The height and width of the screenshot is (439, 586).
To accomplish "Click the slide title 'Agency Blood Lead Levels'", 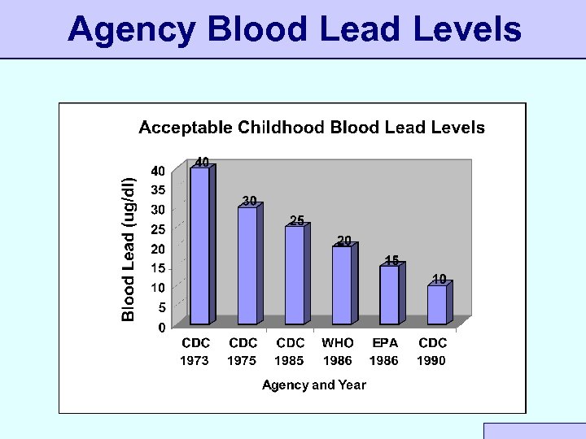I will coord(294,29).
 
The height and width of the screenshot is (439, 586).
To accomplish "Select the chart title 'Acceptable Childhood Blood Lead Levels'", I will coord(312,128).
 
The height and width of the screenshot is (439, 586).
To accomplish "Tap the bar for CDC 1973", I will coord(199,244).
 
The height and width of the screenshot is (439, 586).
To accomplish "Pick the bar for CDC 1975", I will coord(247,264).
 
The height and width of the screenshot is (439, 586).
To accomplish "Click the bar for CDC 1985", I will coord(294,274).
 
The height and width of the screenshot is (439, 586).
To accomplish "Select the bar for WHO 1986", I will coord(342,284).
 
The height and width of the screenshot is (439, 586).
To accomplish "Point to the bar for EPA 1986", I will coord(389,293).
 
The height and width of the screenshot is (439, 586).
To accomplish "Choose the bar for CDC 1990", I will coord(437,303).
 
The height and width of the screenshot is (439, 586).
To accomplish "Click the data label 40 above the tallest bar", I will coord(202,161).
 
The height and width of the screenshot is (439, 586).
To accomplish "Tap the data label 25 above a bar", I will coord(297,220).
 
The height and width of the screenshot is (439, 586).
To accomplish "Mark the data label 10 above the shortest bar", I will coord(439,279).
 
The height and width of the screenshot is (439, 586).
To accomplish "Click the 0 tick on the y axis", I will coord(161,327).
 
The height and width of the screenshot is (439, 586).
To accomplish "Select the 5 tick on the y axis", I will coord(161,307).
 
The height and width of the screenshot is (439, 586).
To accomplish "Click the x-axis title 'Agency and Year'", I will coord(313,385).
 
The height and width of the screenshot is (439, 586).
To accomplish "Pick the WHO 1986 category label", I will coord(338,351).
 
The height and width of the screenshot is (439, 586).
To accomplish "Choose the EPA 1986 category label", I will coord(384,351).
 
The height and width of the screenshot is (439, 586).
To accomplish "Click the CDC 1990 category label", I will coord(432,351).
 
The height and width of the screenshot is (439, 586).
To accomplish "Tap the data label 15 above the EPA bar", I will coord(391,260).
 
